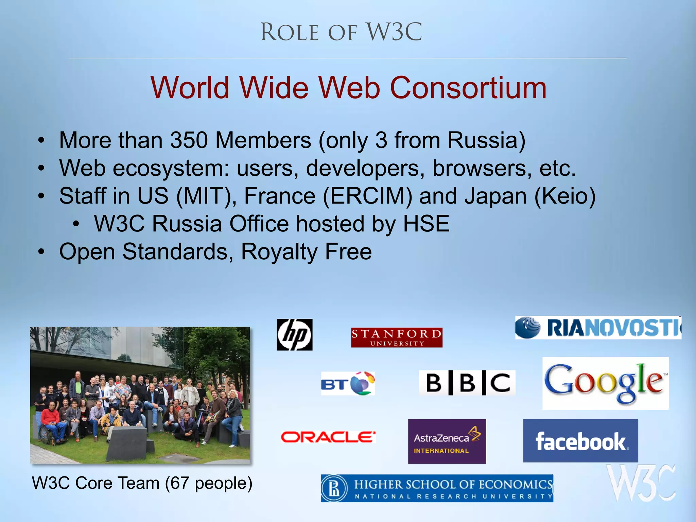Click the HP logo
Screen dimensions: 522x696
click(x=294, y=334)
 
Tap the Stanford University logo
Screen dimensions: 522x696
click(x=397, y=337)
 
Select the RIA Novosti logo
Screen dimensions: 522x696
click(x=598, y=327)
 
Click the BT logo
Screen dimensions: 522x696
click(x=348, y=383)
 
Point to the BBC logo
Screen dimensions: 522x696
click(x=467, y=383)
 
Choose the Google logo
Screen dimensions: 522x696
click(x=605, y=383)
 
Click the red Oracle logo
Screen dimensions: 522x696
click(x=328, y=437)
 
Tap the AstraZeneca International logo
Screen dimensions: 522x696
click(x=447, y=441)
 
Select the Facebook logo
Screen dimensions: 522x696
click(x=580, y=441)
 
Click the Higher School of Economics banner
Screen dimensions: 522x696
click(x=437, y=488)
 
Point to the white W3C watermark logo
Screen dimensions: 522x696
click(x=641, y=483)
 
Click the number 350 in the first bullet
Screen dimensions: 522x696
click(x=189, y=140)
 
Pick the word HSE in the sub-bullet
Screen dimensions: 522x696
click(x=426, y=224)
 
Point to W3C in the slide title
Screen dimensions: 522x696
click(x=394, y=32)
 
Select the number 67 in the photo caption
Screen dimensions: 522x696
click(x=179, y=483)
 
